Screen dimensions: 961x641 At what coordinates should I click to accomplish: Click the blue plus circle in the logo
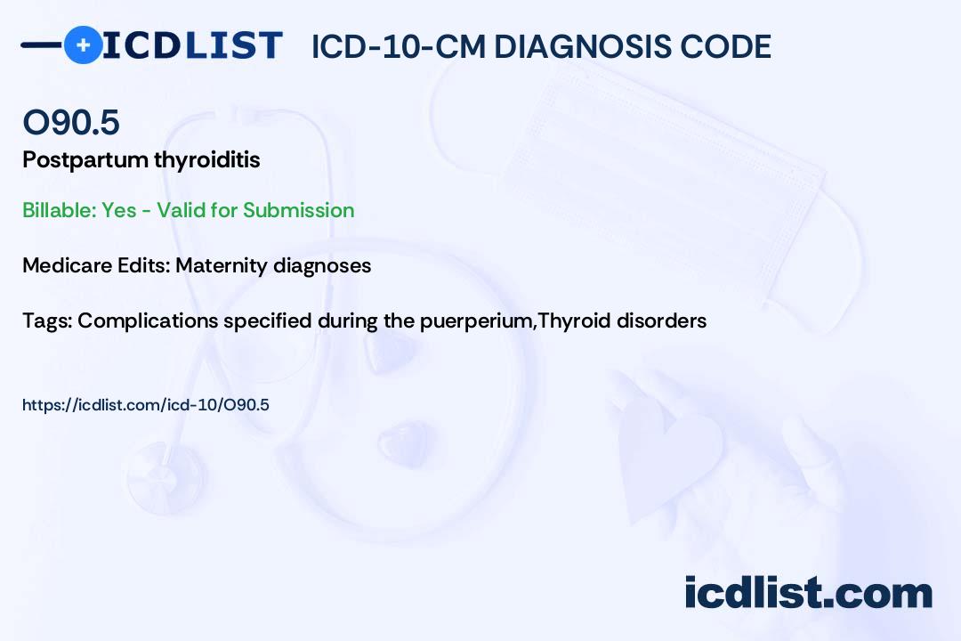[83, 45]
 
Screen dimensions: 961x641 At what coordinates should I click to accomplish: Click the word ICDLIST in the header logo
[192, 45]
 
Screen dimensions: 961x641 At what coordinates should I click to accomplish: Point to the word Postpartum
[85, 160]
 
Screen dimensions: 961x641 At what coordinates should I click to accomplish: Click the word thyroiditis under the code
[207, 159]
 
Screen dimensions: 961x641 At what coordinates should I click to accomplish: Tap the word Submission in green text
[298, 210]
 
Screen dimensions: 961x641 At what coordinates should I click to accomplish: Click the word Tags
[47, 320]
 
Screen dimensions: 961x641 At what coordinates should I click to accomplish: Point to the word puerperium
[475, 321]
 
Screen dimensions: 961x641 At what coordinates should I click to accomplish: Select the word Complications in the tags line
[148, 321]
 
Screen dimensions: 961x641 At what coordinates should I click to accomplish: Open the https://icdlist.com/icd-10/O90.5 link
[146, 405]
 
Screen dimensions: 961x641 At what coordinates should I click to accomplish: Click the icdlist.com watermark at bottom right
[808, 592]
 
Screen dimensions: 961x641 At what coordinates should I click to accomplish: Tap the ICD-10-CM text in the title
[399, 46]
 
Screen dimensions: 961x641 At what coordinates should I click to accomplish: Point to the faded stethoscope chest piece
[166, 476]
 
